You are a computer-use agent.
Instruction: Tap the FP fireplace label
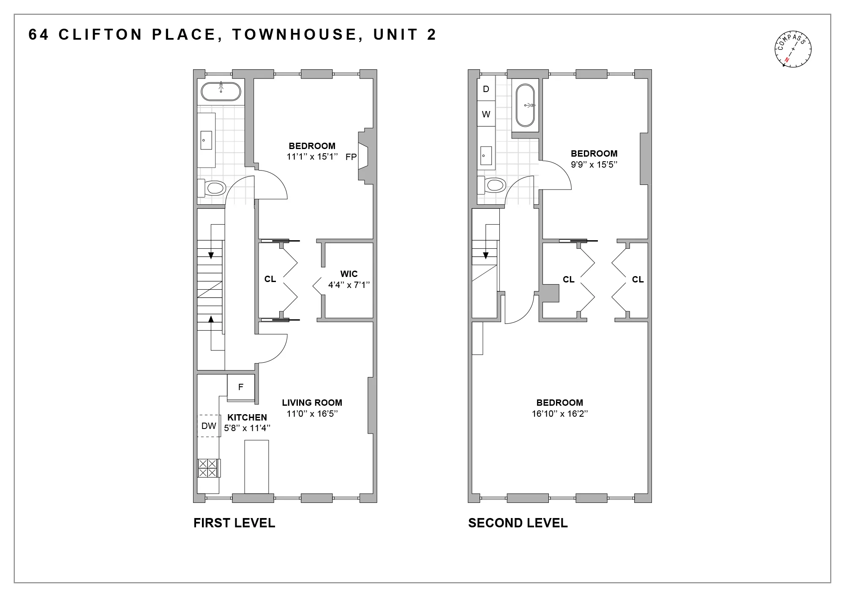point(351,157)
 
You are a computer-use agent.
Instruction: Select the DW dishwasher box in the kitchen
point(209,426)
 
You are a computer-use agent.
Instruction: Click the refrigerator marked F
point(241,387)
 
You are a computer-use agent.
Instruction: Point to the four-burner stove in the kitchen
point(207,468)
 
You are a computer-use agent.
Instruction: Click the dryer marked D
point(486,89)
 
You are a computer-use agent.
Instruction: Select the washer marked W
point(486,114)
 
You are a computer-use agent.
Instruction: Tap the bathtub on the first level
point(221,91)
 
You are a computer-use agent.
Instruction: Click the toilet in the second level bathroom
point(492,185)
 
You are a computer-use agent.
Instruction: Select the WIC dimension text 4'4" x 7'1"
point(349,285)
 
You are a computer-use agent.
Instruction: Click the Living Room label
point(312,403)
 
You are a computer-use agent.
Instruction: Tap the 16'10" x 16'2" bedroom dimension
point(559,414)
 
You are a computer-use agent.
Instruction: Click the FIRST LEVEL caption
point(234,523)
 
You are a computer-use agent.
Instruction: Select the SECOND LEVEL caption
point(518,523)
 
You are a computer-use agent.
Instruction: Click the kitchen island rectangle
point(256,467)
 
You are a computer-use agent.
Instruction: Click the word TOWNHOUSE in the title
point(294,35)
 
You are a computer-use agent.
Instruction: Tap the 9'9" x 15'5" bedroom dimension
point(594,165)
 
